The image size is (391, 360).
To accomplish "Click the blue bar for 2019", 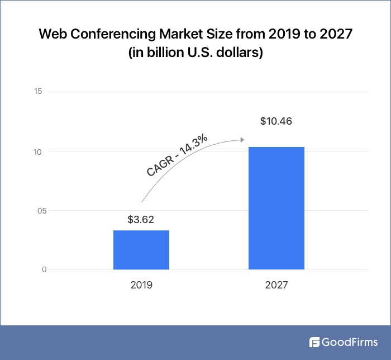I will coord(141,250).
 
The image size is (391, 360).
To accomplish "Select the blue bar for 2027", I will coord(276,209).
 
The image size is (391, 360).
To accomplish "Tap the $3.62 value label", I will coord(141,220).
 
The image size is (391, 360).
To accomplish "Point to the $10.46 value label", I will coord(276,121).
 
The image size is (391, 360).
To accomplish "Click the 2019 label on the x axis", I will coord(141,285).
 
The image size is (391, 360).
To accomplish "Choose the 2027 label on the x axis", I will coord(276,285).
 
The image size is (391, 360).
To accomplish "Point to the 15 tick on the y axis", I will coord(39,92).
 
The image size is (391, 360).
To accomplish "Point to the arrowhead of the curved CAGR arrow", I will coord(242,139).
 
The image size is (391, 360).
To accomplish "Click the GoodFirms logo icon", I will coord(314,342).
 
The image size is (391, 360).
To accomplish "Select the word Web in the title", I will coord(51,35).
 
